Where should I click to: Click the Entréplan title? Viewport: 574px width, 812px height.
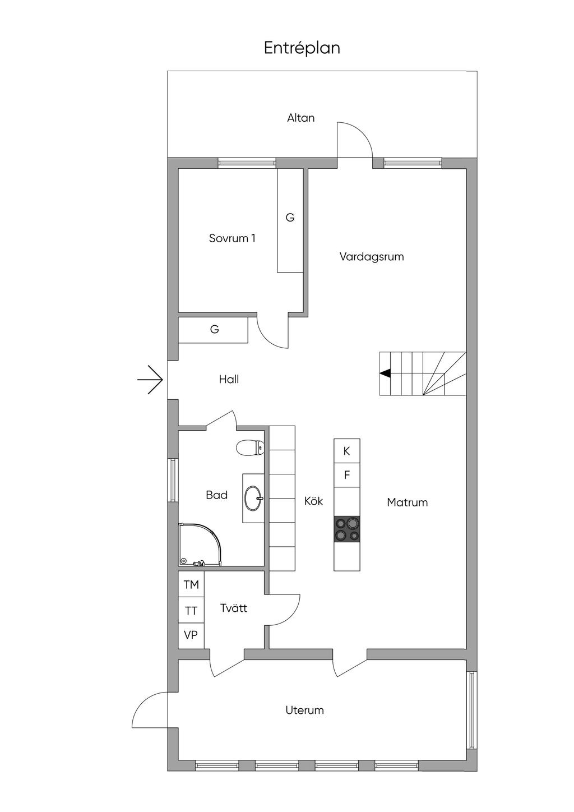pyautogui.click(x=302, y=48)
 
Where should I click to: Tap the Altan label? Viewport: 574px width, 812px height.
pyautogui.click(x=301, y=118)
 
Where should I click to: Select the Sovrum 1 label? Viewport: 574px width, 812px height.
pyautogui.click(x=232, y=238)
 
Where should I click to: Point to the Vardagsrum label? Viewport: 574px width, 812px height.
pyautogui.click(x=372, y=257)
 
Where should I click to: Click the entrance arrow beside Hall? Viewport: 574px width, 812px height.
pyautogui.click(x=150, y=380)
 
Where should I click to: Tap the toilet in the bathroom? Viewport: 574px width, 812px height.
pyautogui.click(x=249, y=447)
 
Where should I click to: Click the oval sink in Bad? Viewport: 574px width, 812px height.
pyautogui.click(x=254, y=498)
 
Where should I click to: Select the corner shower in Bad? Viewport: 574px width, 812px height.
pyautogui.click(x=200, y=543)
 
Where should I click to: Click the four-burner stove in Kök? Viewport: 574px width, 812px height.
pyautogui.click(x=347, y=529)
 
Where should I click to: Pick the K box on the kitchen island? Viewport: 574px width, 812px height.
pyautogui.click(x=347, y=451)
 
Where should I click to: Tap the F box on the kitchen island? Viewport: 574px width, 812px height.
pyautogui.click(x=347, y=475)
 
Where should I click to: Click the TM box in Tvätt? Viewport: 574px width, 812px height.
pyautogui.click(x=191, y=584)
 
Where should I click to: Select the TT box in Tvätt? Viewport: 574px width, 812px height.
pyautogui.click(x=191, y=611)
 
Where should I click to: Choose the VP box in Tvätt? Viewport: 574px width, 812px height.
pyautogui.click(x=191, y=636)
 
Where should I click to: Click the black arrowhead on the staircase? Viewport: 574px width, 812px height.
pyautogui.click(x=385, y=373)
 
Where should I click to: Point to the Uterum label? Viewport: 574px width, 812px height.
pyautogui.click(x=304, y=710)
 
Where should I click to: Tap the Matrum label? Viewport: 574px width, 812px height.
pyautogui.click(x=408, y=502)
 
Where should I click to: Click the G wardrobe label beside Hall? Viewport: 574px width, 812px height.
pyautogui.click(x=215, y=329)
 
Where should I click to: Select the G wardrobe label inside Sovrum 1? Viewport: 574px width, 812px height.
pyautogui.click(x=290, y=218)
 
